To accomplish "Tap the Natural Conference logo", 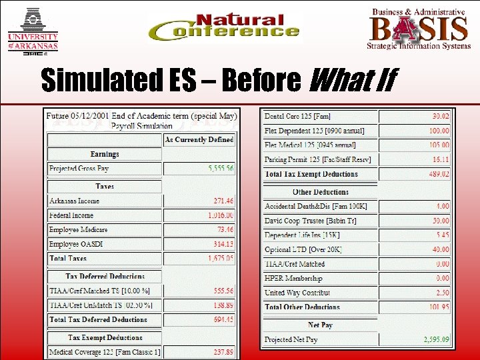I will (224, 27).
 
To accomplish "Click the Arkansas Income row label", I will (74, 200).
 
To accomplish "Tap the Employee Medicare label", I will (78, 229).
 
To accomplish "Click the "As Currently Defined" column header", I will (199, 139).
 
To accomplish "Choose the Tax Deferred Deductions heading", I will (105, 276).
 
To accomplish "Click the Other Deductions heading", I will (320, 192).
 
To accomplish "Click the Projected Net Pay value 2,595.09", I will (436, 339).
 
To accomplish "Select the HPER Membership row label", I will (293, 278).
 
